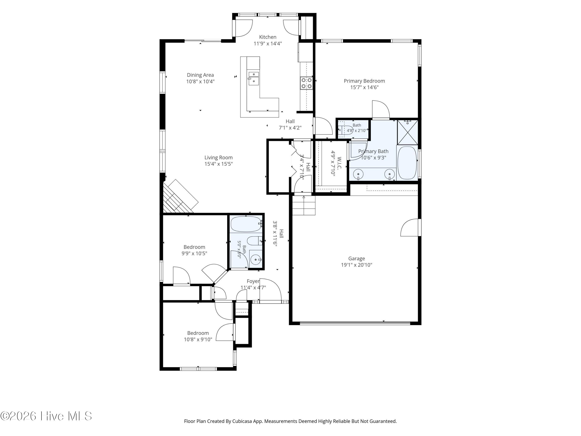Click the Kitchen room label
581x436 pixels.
(268, 37)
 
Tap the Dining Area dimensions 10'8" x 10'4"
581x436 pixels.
(200, 81)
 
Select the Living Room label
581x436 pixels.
(218, 157)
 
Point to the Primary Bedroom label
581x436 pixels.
(364, 81)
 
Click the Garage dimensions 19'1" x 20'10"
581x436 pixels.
(356, 265)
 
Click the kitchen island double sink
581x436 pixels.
(254, 78)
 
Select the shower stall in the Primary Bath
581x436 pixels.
(407, 133)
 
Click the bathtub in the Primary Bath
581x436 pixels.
(407, 163)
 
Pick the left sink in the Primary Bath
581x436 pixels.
(358, 174)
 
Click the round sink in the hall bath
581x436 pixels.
(256, 260)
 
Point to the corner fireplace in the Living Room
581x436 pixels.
(181, 196)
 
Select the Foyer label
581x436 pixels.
(253, 281)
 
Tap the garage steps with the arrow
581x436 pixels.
(304, 205)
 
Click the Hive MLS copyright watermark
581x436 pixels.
(46, 416)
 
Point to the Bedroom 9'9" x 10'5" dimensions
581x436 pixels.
(194, 253)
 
